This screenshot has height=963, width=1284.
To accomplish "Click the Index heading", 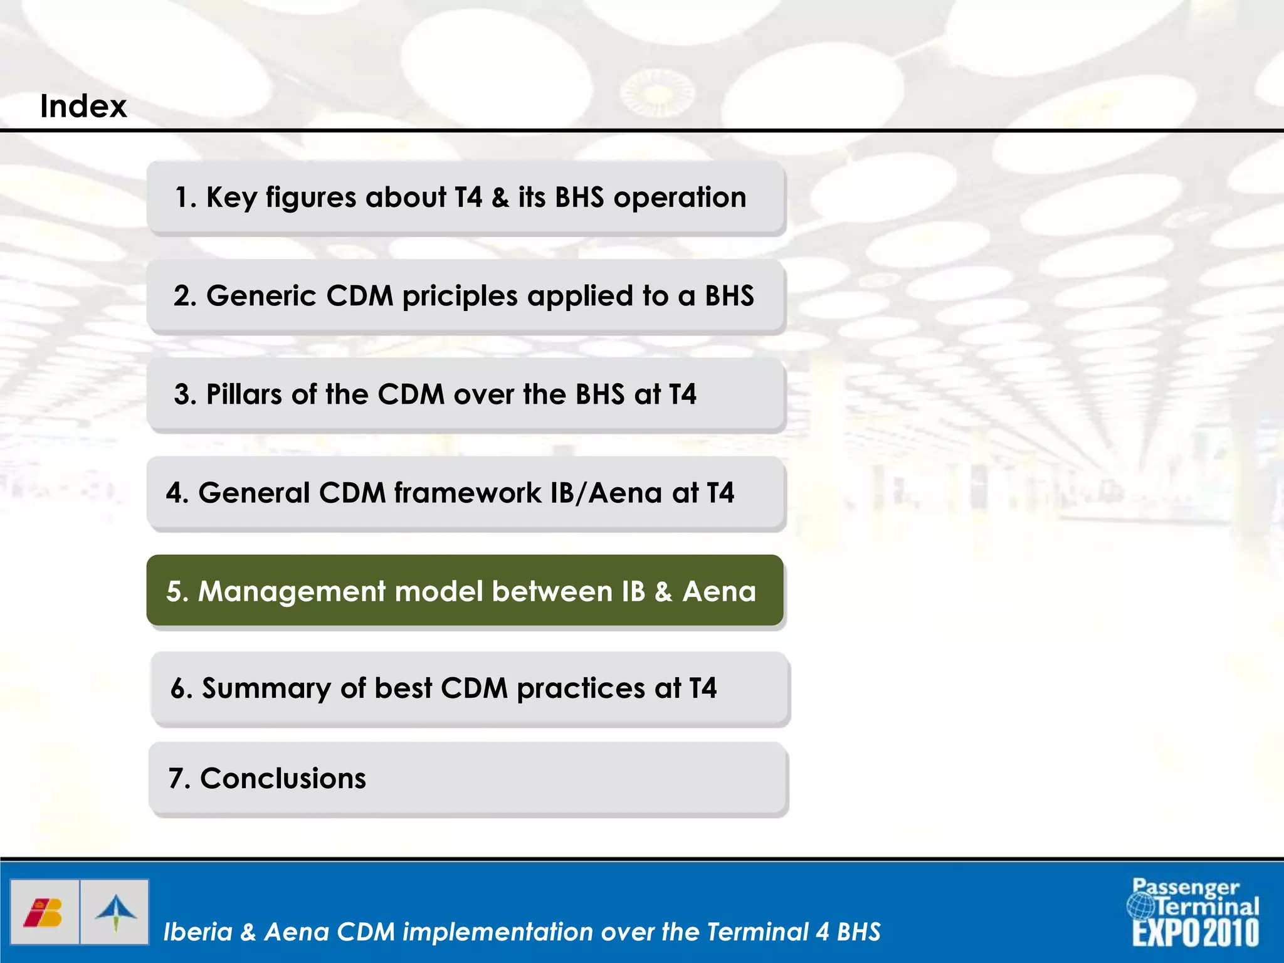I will click(x=83, y=106).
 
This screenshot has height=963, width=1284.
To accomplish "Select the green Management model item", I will click(x=465, y=591).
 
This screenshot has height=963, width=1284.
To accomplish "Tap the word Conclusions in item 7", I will click(x=283, y=779).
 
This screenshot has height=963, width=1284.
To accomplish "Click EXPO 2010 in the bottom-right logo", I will click(x=1195, y=932).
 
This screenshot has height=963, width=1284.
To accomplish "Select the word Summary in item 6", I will click(x=266, y=688).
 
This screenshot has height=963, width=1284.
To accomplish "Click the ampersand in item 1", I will click(x=500, y=197).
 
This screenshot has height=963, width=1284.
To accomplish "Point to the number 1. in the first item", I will click(x=186, y=197).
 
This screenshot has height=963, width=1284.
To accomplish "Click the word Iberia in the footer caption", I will click(x=198, y=932).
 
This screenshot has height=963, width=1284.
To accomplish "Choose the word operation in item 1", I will click(x=680, y=197).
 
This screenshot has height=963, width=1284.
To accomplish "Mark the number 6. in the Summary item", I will click(x=181, y=688).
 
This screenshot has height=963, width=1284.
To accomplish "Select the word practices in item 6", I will click(x=581, y=688).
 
